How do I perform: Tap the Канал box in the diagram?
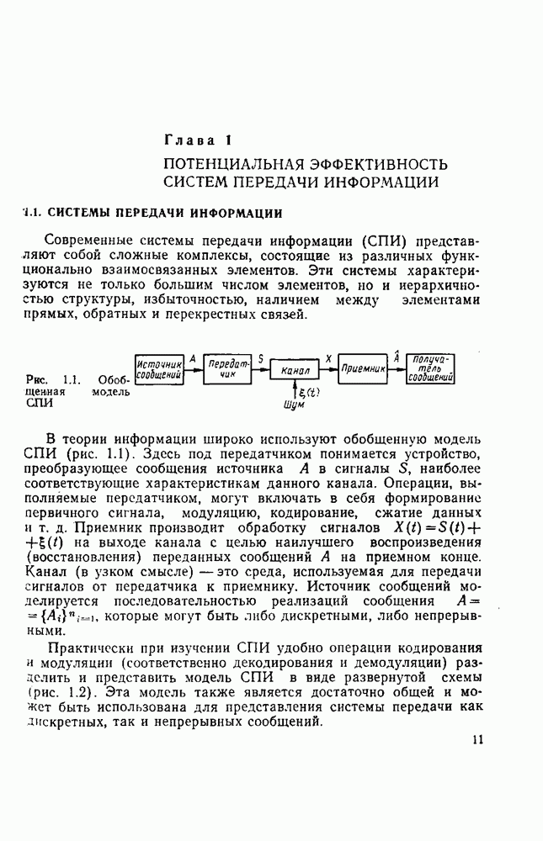click(x=295, y=369)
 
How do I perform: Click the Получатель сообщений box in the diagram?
click(x=431, y=369)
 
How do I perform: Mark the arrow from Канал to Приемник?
click(x=328, y=368)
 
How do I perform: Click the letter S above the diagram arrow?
click(x=261, y=358)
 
